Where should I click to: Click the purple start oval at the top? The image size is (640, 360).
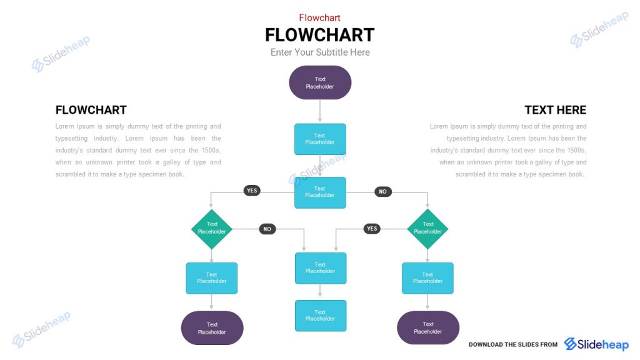[x=320, y=82]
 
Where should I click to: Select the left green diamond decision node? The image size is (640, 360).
[x=212, y=228]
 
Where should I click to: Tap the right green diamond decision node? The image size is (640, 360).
[x=427, y=228]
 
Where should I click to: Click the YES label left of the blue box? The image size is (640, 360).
[x=252, y=191]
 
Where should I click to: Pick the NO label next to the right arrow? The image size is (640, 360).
[x=383, y=192]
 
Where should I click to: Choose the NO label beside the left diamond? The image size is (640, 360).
[x=267, y=229]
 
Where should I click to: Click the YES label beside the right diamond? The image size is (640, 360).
[x=372, y=229]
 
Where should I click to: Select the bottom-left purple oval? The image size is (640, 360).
[x=212, y=328]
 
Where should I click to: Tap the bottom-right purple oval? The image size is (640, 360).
[x=427, y=328]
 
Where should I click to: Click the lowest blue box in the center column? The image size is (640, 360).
[x=320, y=316]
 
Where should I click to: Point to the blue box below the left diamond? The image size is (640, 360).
[x=212, y=278]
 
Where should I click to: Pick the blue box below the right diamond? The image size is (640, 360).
[x=427, y=278]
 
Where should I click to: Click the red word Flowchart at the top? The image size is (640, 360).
[x=319, y=17]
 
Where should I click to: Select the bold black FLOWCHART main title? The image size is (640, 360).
[x=319, y=34]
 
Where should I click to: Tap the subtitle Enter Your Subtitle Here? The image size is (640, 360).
[x=320, y=52]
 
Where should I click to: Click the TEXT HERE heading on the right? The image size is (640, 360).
[x=555, y=110]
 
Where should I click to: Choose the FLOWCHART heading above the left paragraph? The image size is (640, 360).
[x=91, y=110]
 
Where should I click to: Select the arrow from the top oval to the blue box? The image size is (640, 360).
[x=320, y=111]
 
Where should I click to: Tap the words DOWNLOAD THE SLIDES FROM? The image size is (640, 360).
[x=513, y=344]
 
